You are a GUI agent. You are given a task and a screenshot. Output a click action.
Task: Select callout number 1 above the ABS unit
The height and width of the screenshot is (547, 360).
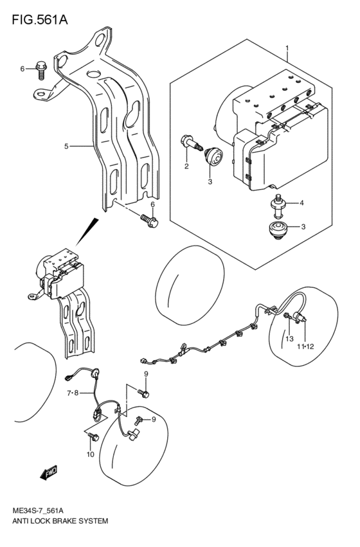tap(287, 48)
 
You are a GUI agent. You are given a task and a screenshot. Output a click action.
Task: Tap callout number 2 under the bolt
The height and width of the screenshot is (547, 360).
tap(186, 167)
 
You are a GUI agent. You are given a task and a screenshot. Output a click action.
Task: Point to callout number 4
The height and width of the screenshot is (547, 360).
tap(302, 204)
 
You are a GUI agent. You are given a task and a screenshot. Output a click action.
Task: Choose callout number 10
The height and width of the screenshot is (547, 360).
tap(90, 454)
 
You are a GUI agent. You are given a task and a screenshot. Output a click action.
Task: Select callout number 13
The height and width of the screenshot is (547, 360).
tap(289, 339)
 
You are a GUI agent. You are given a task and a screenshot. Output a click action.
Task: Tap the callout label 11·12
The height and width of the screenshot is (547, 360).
tap(305, 348)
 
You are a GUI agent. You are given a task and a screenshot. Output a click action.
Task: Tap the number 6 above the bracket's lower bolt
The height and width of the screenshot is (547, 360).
tap(152, 204)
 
